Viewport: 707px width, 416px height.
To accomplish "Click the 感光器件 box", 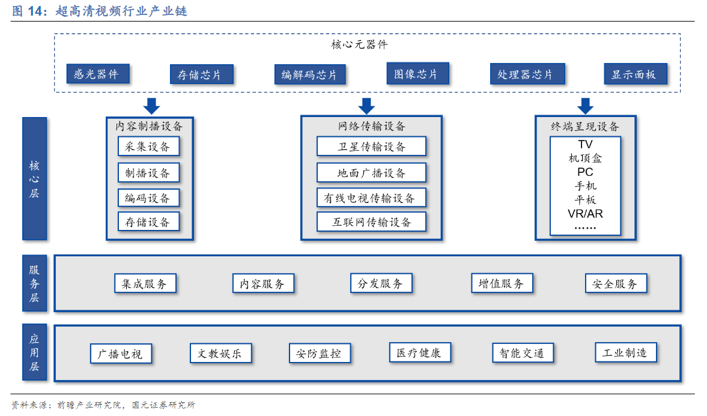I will coord(97,74).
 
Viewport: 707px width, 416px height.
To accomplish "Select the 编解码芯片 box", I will coord(309,74).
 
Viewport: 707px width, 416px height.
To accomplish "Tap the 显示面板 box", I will coord(634,74).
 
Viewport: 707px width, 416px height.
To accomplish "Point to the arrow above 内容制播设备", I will coord(152,105).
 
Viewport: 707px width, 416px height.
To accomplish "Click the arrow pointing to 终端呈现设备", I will coord(585,105).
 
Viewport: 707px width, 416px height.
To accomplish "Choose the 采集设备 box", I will coord(148,146).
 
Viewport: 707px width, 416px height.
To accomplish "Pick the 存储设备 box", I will coord(148,222).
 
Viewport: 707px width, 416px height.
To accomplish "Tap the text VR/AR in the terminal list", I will coord(585,214).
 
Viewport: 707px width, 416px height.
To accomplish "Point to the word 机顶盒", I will coord(585,158).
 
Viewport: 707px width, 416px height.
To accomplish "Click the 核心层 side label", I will coord(34,179).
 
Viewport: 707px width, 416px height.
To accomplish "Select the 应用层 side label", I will coord(34,352).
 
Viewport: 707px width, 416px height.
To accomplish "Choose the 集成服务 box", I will coord(144,283).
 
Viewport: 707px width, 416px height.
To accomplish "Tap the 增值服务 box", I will coord(501,283).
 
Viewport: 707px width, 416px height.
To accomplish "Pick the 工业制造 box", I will coord(625,352).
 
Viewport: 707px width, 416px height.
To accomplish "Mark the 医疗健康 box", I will coord(419,352).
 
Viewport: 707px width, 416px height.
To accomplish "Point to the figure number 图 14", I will coord(26,11).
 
